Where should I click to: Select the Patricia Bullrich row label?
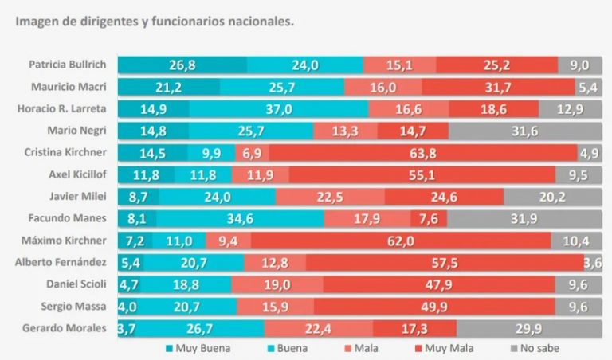point(72,65)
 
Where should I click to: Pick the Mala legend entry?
point(354,348)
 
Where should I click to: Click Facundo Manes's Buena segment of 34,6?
point(240,217)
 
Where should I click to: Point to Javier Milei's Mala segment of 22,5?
point(329,195)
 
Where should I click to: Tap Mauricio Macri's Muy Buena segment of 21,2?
point(169,86)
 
